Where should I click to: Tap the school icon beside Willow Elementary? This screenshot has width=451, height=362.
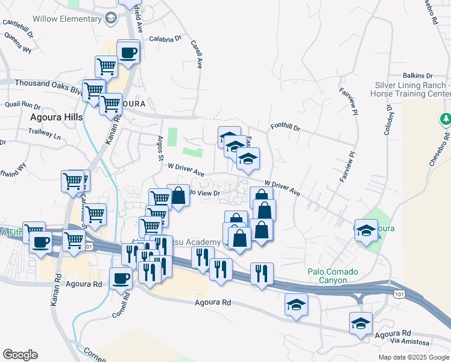point(110,18)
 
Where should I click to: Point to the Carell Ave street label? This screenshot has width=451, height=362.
point(196,54)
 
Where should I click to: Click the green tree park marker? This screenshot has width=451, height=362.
point(446,119)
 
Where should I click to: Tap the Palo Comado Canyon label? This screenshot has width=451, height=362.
point(327,276)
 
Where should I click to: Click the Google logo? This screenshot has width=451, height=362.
point(20,354)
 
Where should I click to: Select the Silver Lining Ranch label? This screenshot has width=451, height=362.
point(413,90)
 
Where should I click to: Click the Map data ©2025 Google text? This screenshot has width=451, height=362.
point(413,357)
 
